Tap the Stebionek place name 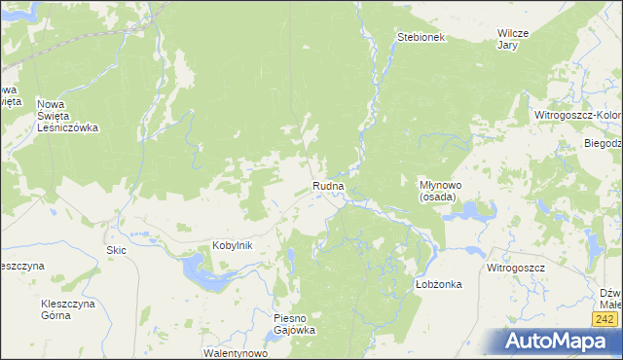tap(421, 38)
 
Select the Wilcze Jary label tap(512, 39)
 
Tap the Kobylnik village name tap(233, 245)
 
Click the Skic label tap(116, 250)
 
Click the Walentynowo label tap(235, 353)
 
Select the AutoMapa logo tap(556, 342)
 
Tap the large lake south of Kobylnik tap(208, 274)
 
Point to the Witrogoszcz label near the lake tap(517, 266)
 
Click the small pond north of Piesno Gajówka tap(291, 259)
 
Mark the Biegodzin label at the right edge tap(604, 143)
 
